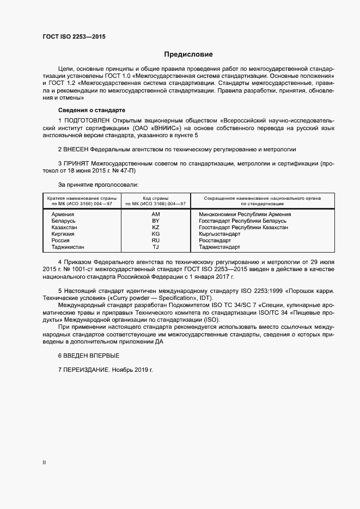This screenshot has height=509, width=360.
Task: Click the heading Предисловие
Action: pyautogui.click(x=188, y=54)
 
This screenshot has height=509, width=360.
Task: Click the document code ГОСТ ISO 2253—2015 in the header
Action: pyautogui.click(x=74, y=36)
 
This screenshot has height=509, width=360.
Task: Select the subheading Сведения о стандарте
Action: pyautogui.click(x=84, y=110)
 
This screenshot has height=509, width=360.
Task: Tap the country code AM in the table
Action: pyautogui.click(x=155, y=214)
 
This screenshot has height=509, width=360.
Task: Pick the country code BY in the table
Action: pyautogui.click(x=155, y=221)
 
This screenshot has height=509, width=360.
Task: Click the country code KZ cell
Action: pyautogui.click(x=155, y=228)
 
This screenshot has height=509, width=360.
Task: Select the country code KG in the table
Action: pyautogui.click(x=155, y=234)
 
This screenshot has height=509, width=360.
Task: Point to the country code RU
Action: pyautogui.click(x=155, y=241)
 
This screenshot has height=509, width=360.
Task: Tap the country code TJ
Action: pyautogui.click(x=155, y=247)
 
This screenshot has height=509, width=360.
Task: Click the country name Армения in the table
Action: pyautogui.click(x=63, y=214)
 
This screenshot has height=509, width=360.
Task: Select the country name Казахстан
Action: pyautogui.click(x=65, y=228)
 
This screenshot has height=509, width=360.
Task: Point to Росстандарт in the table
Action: pyautogui.click(x=215, y=241)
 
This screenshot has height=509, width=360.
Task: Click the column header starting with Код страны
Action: pyautogui.click(x=155, y=201)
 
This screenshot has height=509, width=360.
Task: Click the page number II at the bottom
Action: pyautogui.click(x=44, y=463)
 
